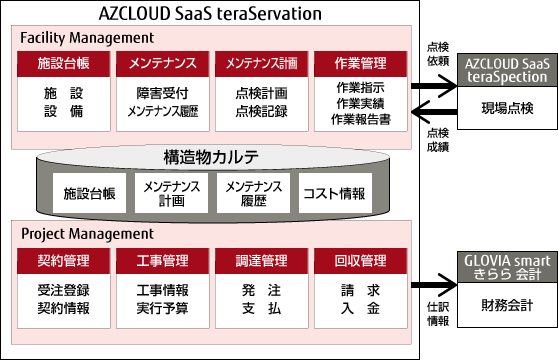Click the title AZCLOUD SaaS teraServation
click(211, 14)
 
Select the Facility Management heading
click(87, 37)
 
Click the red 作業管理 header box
click(360, 64)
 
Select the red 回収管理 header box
click(360, 262)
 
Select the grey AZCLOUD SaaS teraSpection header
click(506, 69)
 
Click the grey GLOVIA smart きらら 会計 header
click(506, 268)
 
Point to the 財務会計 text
click(506, 304)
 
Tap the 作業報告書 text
click(360, 119)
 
